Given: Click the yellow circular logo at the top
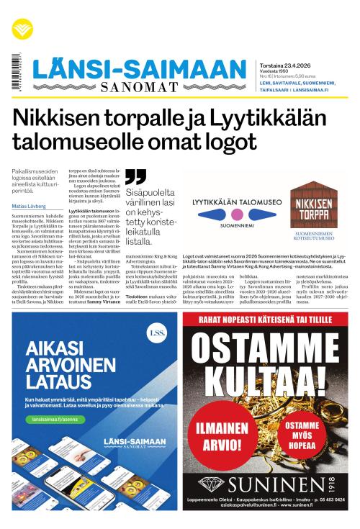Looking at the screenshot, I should click(22, 29).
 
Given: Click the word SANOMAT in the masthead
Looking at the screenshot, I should click(138, 88).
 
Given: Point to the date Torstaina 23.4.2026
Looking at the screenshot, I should click(286, 63).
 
